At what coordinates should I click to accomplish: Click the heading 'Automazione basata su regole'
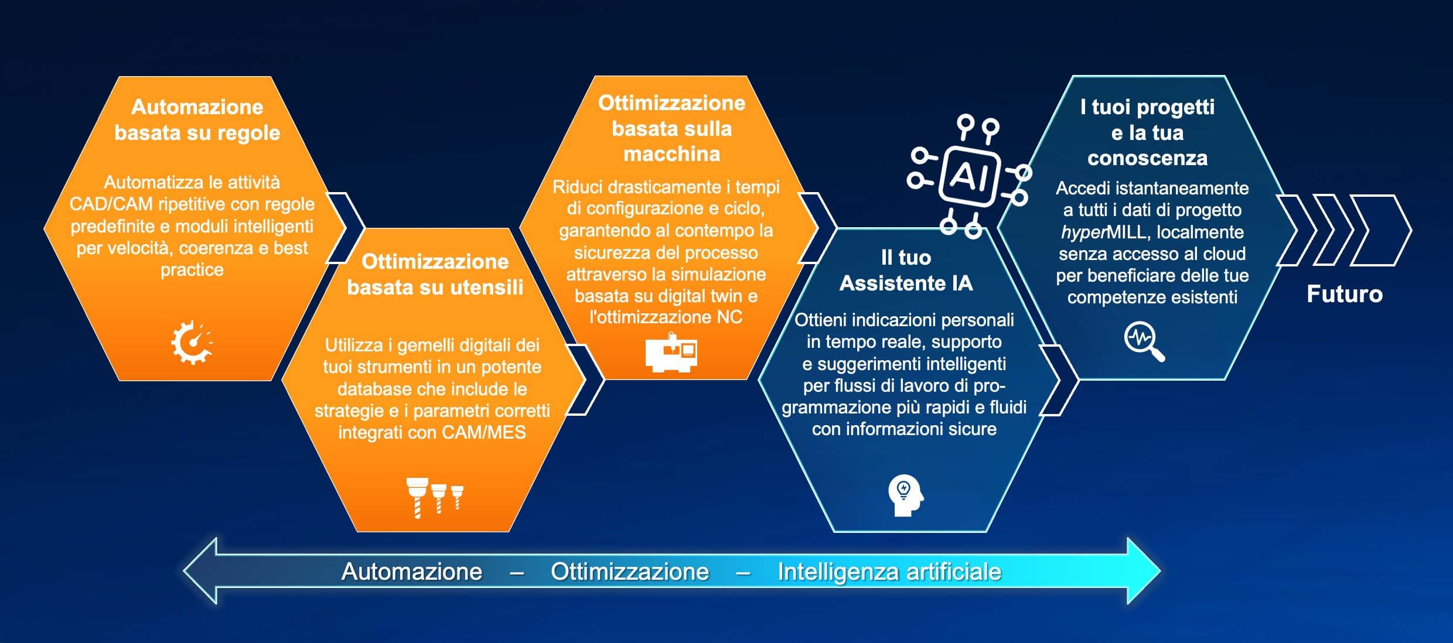tap(197, 120)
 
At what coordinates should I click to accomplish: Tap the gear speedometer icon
tap(192, 343)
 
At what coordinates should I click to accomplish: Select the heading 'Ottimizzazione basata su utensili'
tap(435, 274)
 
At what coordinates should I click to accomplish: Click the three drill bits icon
tap(435, 497)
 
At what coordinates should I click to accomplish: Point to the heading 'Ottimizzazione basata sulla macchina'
tap(671, 128)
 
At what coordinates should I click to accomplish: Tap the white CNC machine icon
tap(671, 353)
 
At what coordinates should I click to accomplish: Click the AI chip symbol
tap(969, 176)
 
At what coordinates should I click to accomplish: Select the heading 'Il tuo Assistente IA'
tap(906, 271)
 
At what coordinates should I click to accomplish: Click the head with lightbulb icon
tap(905, 495)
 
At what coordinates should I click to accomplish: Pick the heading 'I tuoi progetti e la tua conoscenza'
tap(1147, 132)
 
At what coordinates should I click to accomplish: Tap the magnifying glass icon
tap(1144, 341)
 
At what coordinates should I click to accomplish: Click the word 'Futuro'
tap(1345, 294)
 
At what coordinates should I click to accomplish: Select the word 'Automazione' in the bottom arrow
tap(412, 572)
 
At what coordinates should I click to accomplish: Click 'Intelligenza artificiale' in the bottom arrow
tap(889, 572)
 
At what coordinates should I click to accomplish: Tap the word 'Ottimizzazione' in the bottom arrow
tap(630, 572)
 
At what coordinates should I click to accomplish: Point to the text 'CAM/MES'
tap(484, 432)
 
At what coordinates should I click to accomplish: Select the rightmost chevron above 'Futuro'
tap(1381, 230)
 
